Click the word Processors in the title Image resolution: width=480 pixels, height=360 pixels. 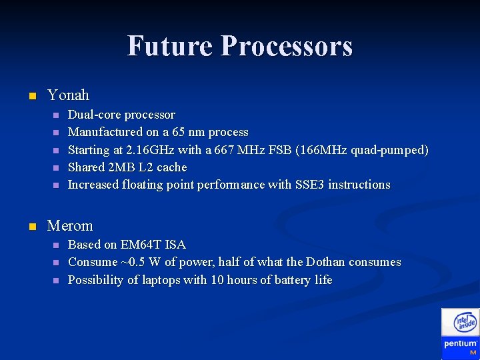pyautogui.click(x=286, y=46)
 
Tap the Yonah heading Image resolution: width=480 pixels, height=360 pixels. pyautogui.click(x=68, y=95)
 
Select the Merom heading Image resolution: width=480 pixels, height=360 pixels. pyautogui.click(x=70, y=225)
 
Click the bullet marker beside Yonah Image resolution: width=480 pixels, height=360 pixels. pyautogui.click(x=31, y=96)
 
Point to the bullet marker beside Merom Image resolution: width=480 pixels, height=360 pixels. pyautogui.click(x=31, y=226)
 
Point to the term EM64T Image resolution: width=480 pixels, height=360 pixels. pyautogui.click(x=144, y=245)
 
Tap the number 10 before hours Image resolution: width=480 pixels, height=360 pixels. pyautogui.click(x=217, y=280)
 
